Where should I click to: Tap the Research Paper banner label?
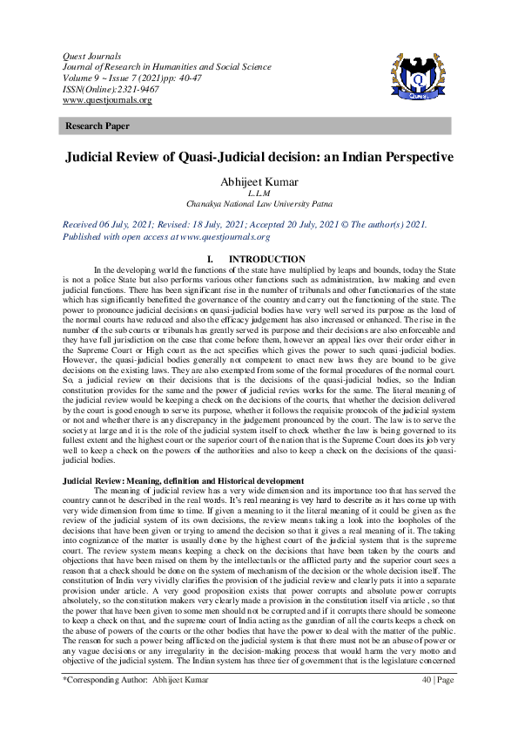point(97,126)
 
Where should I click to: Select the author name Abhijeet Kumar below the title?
point(259,181)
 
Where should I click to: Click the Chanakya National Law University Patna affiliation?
point(259,203)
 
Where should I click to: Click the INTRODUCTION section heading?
point(266,260)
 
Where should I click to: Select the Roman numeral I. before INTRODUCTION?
point(210,260)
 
